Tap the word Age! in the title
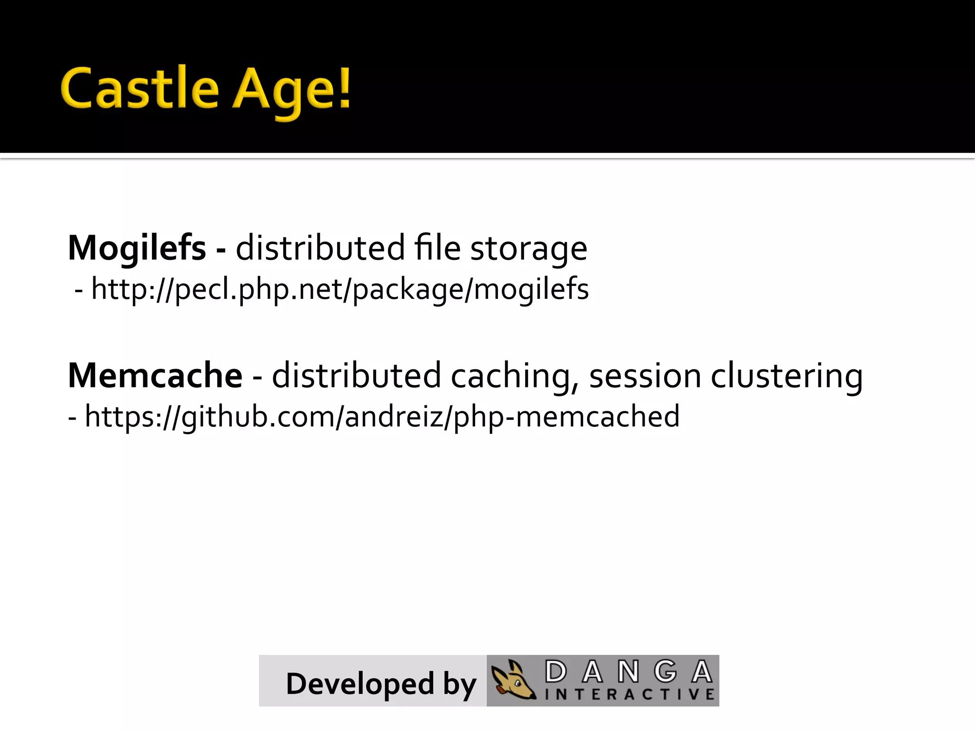pos(292,90)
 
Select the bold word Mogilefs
pos(137,248)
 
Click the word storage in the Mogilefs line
pos(528,249)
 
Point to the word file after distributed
pos(437,248)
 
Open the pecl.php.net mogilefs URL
pos(340,289)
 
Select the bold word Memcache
pos(155,375)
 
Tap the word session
pos(645,375)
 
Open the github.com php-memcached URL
pos(382,416)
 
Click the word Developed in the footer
pos(360,684)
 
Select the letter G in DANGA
pos(665,672)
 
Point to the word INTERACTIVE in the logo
pos(629,694)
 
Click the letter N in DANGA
pos(628,672)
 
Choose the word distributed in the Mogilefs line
pos(320,248)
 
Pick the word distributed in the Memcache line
pos(356,375)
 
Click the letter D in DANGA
pos(556,672)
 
